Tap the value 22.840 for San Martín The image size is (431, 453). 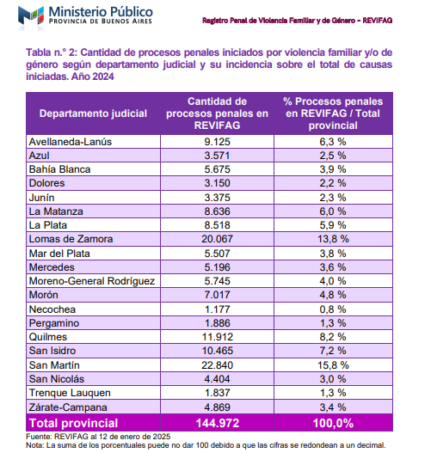(x=217, y=364)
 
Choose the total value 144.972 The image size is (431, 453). (x=217, y=422)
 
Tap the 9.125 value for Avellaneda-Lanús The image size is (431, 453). (x=217, y=141)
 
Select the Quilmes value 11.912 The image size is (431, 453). (x=217, y=336)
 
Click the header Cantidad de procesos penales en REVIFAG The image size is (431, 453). (x=217, y=113)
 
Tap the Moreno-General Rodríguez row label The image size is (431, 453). (x=91, y=280)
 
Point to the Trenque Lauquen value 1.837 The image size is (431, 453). (x=217, y=392)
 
